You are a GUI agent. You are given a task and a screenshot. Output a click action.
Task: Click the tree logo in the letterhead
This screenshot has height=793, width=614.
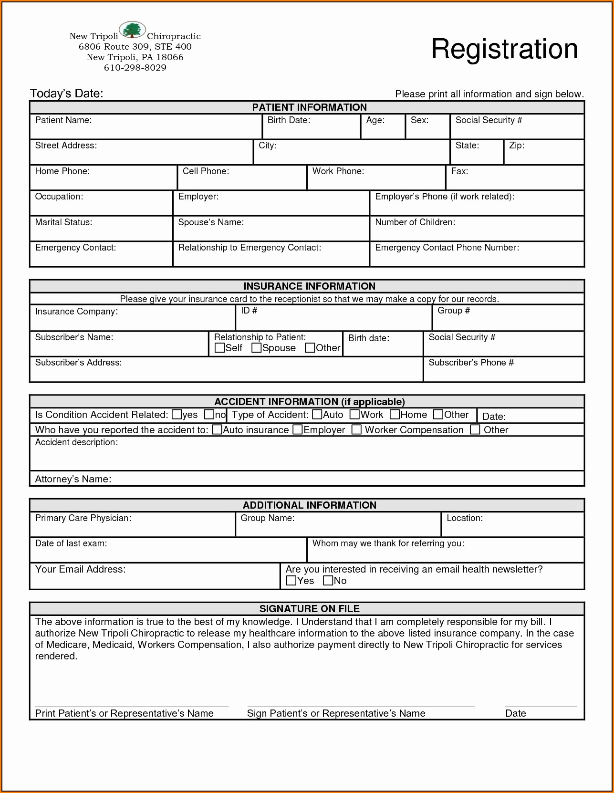(132, 30)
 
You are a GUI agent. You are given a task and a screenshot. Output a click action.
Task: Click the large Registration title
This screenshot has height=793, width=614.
(504, 49)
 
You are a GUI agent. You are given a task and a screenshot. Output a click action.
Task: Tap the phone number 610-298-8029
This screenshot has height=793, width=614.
(135, 68)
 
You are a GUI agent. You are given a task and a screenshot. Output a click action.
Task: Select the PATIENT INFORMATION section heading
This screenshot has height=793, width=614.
(309, 107)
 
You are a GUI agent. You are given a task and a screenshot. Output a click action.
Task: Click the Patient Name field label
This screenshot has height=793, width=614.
(63, 120)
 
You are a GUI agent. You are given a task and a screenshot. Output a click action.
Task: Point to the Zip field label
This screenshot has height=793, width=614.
(517, 146)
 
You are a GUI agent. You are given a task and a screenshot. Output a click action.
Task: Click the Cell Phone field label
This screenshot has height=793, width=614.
(206, 171)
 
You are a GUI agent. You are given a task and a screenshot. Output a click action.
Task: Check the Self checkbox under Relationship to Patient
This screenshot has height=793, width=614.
(219, 348)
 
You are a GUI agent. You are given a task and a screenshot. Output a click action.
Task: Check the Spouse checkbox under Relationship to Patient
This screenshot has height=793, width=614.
(256, 348)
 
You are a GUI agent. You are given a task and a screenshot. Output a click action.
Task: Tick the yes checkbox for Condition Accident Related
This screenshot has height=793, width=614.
(177, 414)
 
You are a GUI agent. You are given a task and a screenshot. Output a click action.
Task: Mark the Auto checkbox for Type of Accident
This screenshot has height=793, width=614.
(317, 414)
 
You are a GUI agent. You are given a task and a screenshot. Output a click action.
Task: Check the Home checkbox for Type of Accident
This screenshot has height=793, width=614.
(395, 414)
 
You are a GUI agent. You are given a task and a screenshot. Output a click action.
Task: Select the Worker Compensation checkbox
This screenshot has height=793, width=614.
(356, 429)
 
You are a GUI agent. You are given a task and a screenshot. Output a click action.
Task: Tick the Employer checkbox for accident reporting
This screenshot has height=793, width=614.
(298, 429)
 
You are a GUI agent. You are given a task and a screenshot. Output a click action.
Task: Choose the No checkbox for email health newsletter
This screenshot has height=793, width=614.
(328, 581)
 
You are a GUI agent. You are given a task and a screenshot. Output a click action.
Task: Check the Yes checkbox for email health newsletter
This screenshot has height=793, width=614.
(291, 581)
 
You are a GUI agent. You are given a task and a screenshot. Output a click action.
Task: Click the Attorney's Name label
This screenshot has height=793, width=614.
(73, 479)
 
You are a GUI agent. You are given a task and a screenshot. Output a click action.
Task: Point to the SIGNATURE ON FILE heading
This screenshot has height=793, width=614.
(309, 609)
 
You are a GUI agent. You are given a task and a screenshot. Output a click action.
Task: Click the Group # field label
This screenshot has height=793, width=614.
(454, 311)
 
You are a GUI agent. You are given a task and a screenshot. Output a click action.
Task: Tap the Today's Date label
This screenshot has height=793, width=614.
(67, 94)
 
